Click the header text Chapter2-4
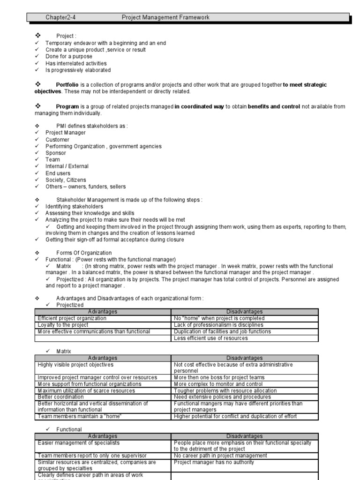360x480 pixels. [60, 18]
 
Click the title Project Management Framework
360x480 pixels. [165, 18]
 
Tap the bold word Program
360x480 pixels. [67, 106]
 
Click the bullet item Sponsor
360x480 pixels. [56, 153]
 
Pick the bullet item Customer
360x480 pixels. [57, 140]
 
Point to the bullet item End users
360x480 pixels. [58, 173]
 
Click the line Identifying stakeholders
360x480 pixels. [74, 206]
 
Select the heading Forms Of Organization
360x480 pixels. [84, 253]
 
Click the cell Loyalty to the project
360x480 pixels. [63, 325]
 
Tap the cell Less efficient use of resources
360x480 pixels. [210, 338]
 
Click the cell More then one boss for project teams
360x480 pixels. [219, 377]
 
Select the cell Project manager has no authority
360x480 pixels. [214, 462]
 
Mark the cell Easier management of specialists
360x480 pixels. [79, 442]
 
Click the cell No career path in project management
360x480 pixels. [220, 455]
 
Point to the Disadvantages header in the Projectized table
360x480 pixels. [245, 312]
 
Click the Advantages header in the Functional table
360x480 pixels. [103, 436]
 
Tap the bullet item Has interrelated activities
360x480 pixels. [76, 63]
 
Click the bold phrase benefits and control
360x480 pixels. [274, 106]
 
